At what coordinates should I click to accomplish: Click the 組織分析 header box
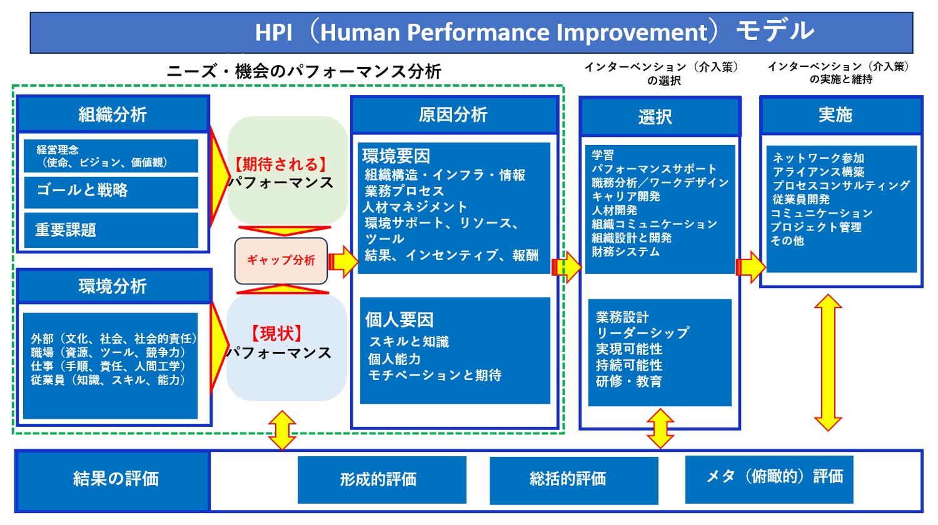(x=113, y=114)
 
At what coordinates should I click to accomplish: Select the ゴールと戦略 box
(x=111, y=191)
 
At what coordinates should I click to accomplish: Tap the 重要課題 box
(x=111, y=230)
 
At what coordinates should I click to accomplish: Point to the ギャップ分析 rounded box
(x=281, y=261)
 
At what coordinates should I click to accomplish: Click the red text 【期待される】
(x=281, y=164)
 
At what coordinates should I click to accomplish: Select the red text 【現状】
(x=277, y=333)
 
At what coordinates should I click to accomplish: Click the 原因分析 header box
(x=454, y=115)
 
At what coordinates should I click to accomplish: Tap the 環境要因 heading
(x=396, y=156)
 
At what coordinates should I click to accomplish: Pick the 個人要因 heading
(x=400, y=320)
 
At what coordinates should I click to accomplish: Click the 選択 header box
(x=659, y=117)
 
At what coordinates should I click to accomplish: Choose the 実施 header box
(x=840, y=115)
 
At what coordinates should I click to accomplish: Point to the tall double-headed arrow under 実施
(x=828, y=362)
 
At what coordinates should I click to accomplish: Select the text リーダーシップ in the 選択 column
(x=642, y=333)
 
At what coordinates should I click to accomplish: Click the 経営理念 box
(x=111, y=156)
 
